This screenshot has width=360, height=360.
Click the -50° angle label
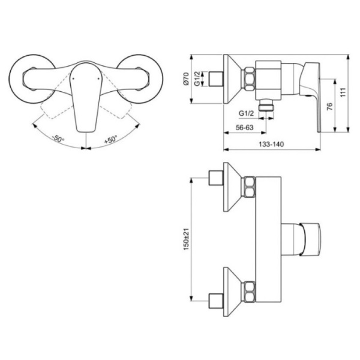(58, 139)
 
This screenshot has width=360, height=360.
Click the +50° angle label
(111, 139)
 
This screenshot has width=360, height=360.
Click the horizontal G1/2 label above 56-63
(247, 113)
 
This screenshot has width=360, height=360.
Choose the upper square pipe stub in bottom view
(214, 178)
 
